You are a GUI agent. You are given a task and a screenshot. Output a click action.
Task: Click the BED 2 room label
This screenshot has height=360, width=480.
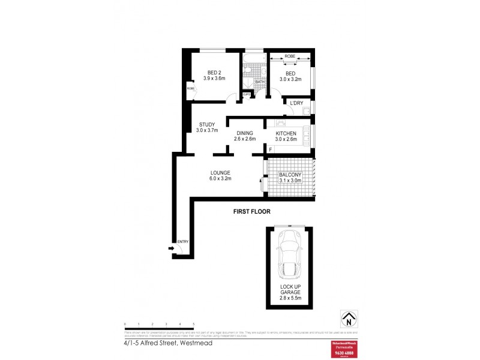[x=214, y=72]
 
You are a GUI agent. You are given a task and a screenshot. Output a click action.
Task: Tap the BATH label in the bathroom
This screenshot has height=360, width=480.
[x=260, y=82]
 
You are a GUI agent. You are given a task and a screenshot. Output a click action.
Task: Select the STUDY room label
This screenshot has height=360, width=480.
[x=206, y=125]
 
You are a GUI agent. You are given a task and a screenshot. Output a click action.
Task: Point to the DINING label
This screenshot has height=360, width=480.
[x=244, y=133]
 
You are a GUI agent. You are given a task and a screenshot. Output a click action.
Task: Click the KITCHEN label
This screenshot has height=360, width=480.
[x=286, y=133]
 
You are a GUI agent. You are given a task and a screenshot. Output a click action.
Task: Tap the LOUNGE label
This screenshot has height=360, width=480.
[x=220, y=173]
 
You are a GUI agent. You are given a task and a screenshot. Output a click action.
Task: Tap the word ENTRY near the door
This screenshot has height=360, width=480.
[x=183, y=242]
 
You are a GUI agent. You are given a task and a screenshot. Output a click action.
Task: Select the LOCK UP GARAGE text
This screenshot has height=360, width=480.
[x=290, y=290]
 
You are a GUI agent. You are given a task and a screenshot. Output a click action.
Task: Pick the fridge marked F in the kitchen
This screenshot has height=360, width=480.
[x=271, y=149]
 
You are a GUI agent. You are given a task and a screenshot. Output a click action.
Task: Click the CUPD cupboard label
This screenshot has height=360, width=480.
[x=246, y=94]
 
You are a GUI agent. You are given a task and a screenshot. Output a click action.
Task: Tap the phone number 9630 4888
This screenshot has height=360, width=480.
[x=344, y=352]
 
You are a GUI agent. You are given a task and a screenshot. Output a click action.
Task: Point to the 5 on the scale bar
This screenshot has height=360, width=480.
[x=194, y=324]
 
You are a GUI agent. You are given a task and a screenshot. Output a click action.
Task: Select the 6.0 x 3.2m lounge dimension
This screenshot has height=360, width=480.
[x=220, y=179]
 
